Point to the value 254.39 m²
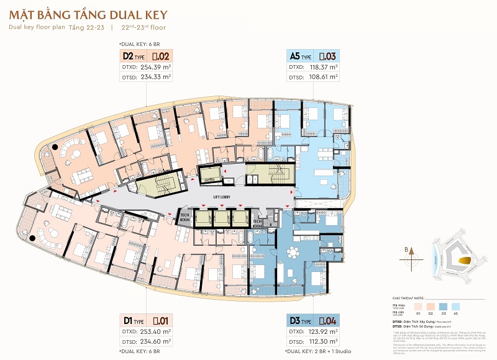click(x=155, y=67)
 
